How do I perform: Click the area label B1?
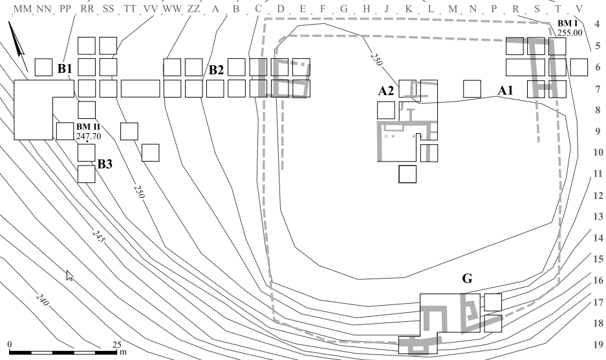pyautogui.click(x=65, y=69)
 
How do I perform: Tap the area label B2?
pyautogui.click(x=216, y=70)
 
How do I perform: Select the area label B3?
pyautogui.click(x=105, y=164)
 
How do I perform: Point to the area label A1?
pyautogui.click(x=505, y=91)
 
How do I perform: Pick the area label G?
pyautogui.click(x=466, y=279)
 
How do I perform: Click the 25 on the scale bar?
pyautogui.click(x=116, y=344)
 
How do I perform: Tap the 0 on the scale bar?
pyautogui.click(x=10, y=344)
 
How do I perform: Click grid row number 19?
pyautogui.click(x=597, y=344)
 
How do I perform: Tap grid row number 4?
pyautogui.click(x=597, y=30)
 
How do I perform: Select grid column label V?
pyautogui.click(x=579, y=8)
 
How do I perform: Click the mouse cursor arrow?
pyautogui.click(x=70, y=275)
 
